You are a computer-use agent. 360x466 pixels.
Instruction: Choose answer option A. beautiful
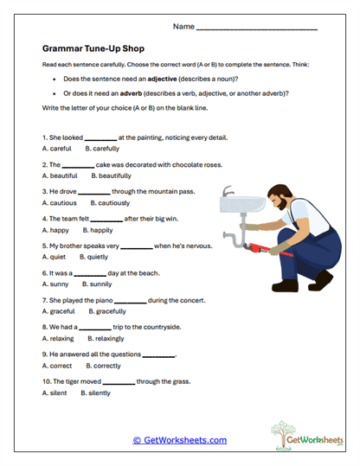(x=60, y=175)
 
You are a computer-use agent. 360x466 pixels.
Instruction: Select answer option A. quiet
(x=55, y=257)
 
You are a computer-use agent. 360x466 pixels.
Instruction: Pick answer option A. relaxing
(x=58, y=338)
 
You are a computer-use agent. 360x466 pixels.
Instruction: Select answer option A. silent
(x=55, y=393)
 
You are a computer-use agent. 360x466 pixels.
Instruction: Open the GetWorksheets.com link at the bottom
(x=179, y=440)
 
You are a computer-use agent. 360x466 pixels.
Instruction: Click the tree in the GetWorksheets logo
(x=282, y=433)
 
